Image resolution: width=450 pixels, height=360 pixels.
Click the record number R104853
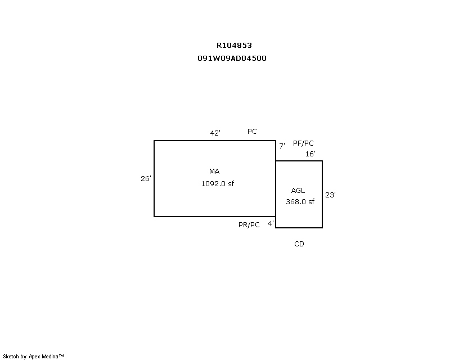[x=234, y=46]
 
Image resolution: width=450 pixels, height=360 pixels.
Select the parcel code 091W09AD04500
[x=232, y=58]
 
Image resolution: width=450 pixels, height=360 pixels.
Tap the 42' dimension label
[x=215, y=133]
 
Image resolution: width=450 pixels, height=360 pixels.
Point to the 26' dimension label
[x=146, y=178]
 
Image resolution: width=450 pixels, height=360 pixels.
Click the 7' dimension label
[x=282, y=146]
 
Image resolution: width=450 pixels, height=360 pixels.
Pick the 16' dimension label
[x=310, y=154]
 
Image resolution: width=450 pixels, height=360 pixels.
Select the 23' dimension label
[x=330, y=195]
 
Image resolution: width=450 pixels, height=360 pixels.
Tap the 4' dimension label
[x=271, y=224]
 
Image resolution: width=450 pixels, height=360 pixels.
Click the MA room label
[x=214, y=172]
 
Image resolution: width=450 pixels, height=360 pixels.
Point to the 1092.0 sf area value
[x=218, y=184]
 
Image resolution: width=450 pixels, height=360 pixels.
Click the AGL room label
[x=298, y=191]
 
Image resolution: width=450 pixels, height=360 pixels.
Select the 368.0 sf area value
[x=300, y=202]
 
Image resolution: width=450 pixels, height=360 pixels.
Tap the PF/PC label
[x=303, y=143]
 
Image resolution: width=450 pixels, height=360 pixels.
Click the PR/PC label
[x=249, y=225]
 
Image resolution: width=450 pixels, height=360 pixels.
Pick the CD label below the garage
[x=299, y=244]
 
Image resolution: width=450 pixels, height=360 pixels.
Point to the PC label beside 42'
[x=252, y=132]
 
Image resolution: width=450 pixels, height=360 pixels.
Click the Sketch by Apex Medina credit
[x=33, y=357]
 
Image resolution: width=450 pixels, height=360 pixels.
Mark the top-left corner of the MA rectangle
[x=154, y=141]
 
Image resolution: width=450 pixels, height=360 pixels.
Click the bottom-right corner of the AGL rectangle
[x=322, y=228]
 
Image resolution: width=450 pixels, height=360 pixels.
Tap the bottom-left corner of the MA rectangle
[x=154, y=217]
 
